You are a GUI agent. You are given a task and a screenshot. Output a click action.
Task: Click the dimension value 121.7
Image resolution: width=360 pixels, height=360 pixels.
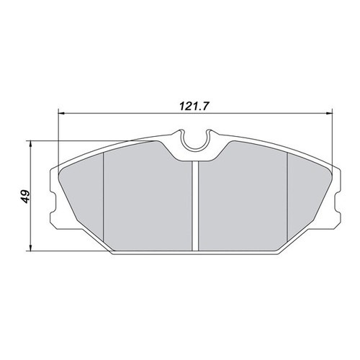click(193, 106)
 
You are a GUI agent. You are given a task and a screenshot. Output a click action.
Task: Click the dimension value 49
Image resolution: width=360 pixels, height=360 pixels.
click(25, 197)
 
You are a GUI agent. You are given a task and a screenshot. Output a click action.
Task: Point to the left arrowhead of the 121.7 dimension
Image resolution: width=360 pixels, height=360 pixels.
click(62, 113)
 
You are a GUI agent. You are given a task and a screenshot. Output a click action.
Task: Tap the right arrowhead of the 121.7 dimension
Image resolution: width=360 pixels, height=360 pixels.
click(328, 113)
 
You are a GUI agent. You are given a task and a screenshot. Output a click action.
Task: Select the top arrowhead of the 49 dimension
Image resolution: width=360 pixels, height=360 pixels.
click(30, 144)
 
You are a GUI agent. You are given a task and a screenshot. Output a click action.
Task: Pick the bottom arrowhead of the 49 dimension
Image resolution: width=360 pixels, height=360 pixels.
click(30, 248)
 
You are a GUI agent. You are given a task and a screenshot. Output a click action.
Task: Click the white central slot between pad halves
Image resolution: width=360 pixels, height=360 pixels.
click(196, 206)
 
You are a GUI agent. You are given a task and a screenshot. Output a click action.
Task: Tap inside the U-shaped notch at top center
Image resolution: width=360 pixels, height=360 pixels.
click(196, 142)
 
